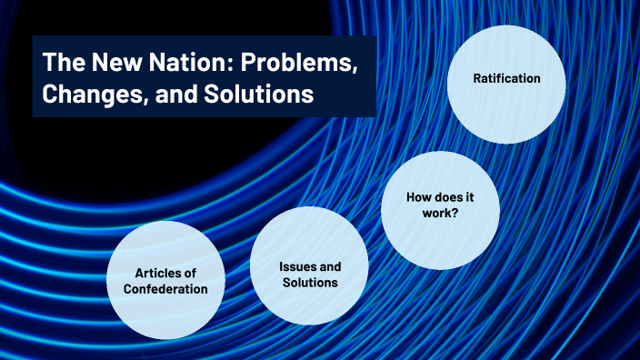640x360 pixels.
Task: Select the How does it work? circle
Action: (440, 211)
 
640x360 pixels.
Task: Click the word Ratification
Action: (506, 78)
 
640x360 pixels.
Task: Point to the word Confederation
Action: (165, 289)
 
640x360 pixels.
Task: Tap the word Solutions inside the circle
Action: (309, 283)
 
